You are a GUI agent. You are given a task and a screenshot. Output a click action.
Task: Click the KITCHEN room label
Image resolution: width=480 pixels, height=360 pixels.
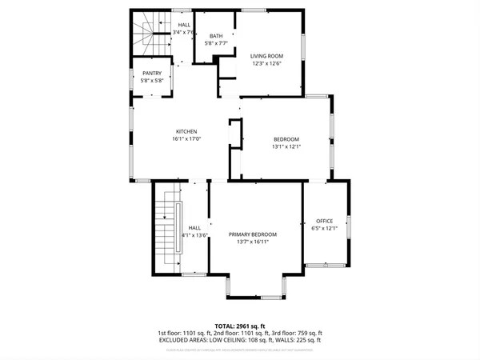186,131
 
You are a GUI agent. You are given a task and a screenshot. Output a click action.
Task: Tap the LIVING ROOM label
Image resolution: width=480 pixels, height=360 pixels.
266,55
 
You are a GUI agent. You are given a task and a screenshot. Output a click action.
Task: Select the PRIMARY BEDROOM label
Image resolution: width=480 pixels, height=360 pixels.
253,234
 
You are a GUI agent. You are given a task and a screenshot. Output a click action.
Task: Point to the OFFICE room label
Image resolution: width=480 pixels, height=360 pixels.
324,221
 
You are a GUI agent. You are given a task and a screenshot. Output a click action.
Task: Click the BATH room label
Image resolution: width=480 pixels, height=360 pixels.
216,36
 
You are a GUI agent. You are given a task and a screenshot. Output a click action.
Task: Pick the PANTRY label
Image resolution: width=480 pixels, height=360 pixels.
152,74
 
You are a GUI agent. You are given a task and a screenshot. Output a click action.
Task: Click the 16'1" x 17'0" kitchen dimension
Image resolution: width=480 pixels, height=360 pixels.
186,139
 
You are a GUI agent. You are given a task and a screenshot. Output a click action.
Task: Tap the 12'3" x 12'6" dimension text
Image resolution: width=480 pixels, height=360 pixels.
266,63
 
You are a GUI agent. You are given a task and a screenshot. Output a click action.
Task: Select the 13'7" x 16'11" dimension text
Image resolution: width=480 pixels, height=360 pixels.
253,242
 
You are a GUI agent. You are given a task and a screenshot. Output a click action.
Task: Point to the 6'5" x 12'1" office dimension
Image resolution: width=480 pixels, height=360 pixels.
324,229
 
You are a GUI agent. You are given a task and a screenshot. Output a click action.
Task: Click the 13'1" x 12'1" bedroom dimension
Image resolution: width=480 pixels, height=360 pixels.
286,146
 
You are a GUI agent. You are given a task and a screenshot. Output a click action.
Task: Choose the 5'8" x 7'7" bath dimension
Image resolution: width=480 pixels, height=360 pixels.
216,44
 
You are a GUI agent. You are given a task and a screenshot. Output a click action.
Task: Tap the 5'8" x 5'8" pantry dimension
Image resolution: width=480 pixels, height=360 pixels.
152,81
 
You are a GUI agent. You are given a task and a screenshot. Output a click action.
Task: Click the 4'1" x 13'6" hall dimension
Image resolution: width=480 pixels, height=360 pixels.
194,235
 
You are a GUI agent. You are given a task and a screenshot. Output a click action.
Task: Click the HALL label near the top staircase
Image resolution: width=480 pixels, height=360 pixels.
184,26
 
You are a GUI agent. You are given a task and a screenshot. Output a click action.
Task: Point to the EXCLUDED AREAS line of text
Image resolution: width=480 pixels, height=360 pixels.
240,340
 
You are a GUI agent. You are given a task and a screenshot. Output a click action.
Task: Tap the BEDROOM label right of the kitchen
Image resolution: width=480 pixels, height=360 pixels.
286,138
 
